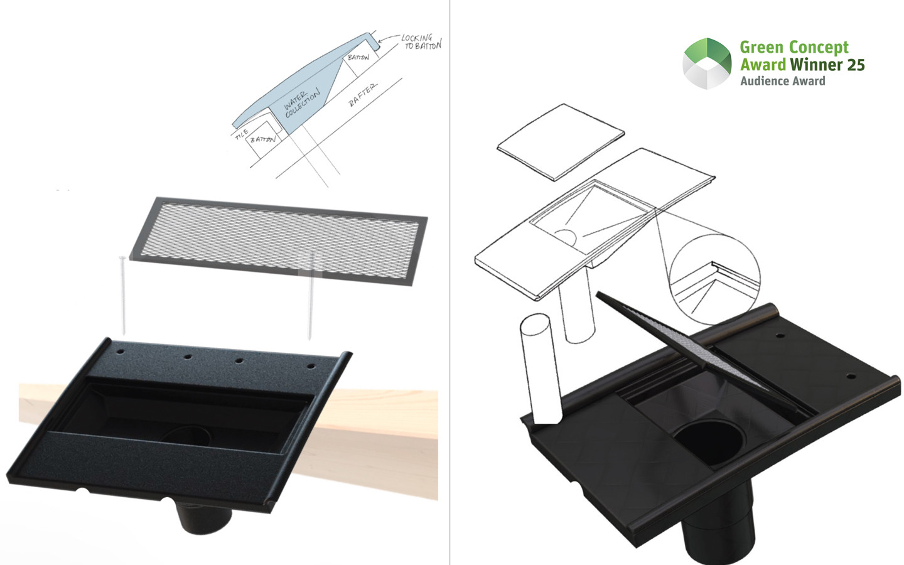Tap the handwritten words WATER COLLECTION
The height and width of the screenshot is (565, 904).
coord(301,103)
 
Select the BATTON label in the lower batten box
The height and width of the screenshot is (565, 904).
coord(262,139)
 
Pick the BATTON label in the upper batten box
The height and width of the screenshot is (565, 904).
coord(358,57)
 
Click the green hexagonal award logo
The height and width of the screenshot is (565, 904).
coord(707,63)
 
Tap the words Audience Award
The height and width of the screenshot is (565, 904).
coord(782,81)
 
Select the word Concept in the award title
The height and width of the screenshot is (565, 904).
coord(819,48)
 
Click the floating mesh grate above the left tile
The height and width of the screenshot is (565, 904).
coord(279,241)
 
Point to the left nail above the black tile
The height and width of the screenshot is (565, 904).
coord(122,296)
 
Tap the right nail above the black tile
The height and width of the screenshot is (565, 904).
coord(311,296)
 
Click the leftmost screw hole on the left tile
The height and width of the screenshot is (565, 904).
coord(121,352)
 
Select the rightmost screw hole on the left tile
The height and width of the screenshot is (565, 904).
coord(311,367)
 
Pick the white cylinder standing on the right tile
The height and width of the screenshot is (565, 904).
coord(541,369)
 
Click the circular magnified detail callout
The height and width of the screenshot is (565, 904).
coord(714,279)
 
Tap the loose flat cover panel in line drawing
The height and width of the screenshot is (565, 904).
coord(561,142)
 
